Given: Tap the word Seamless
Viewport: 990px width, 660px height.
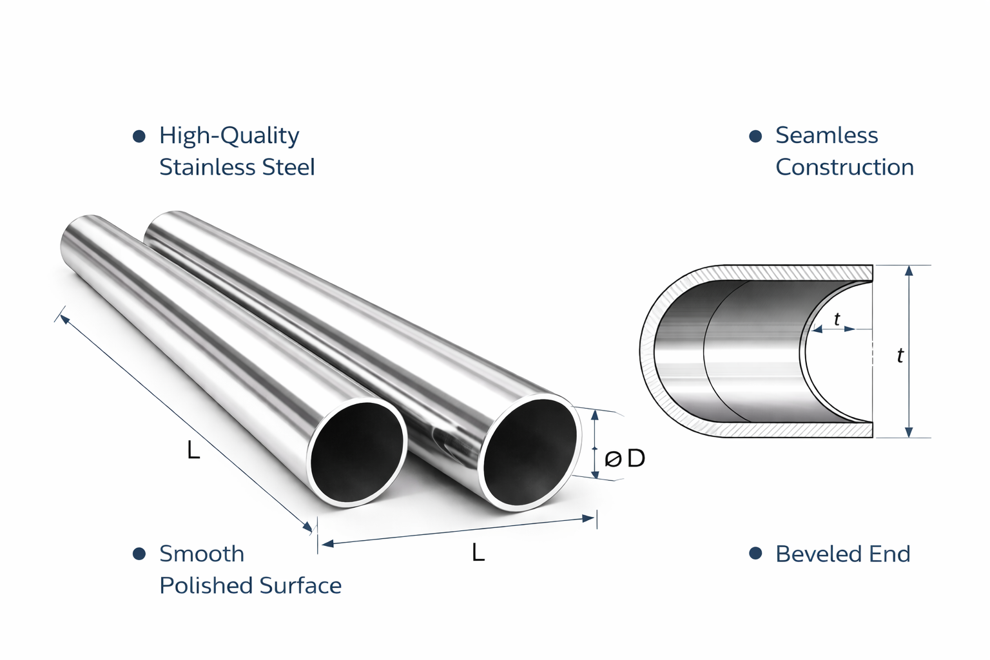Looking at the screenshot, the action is (826, 135).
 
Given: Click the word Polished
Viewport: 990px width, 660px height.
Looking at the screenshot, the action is (206, 585).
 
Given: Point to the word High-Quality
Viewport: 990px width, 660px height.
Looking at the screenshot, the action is (229, 136).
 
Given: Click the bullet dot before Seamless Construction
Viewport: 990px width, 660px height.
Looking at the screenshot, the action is (755, 136).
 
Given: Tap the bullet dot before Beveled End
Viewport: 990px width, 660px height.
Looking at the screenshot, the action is (755, 553).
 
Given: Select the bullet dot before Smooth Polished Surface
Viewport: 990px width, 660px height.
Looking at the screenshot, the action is (139, 554).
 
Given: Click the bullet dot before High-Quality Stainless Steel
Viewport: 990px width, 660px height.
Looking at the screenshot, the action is (139, 136).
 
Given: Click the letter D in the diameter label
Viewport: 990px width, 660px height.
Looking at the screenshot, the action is (636, 458).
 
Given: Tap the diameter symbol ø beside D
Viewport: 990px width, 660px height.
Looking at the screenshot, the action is (612, 460).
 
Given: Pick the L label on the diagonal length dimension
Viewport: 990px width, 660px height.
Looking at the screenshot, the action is (193, 451).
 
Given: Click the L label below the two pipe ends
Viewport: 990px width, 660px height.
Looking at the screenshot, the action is (478, 552).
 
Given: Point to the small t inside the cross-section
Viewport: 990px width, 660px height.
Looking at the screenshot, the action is (837, 319).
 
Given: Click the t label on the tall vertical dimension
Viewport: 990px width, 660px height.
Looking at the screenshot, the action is (900, 355).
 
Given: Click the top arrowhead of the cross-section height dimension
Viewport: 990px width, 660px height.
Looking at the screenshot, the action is (909, 270).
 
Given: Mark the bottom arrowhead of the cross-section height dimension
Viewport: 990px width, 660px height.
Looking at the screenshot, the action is (909, 432).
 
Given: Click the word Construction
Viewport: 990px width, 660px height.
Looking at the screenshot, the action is (844, 167).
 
